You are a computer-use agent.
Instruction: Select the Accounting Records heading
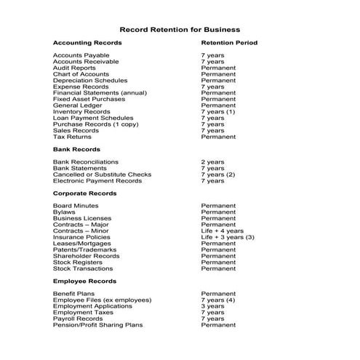[87, 43]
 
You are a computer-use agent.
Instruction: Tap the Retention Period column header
[229, 43]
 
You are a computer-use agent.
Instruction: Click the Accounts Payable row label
[81, 55]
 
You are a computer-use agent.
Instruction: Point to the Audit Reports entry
[74, 68]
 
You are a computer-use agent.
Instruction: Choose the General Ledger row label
[77, 105]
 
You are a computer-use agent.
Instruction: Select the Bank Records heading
[76, 149]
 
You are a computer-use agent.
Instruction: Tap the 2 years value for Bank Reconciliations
[213, 162]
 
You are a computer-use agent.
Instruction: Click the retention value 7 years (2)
[218, 175]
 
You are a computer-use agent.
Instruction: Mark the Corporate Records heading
[84, 193]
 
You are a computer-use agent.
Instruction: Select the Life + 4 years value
[223, 231]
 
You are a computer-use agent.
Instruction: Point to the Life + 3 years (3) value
[228, 237]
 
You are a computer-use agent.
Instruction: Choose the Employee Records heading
[84, 281]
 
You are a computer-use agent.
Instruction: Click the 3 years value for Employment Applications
[213, 306]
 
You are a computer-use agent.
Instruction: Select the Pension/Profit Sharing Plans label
[98, 324]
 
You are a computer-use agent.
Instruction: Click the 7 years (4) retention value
[218, 300]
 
